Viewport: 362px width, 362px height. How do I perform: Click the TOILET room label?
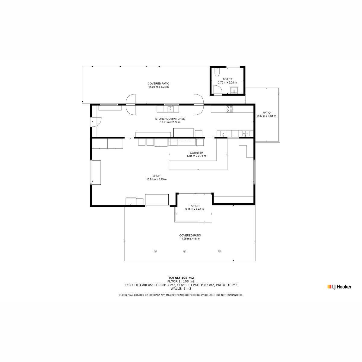[227, 79]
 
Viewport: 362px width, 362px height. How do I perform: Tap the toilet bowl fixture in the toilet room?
[217, 72]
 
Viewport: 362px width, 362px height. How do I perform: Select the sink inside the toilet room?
[234, 90]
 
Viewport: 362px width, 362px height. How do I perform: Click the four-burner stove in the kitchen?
[229, 109]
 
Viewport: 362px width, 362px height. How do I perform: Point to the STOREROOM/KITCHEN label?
[170, 119]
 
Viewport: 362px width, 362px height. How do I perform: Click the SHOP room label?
[156, 176]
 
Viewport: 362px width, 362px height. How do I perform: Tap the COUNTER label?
[196, 153]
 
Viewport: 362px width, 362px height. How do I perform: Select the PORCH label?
[195, 206]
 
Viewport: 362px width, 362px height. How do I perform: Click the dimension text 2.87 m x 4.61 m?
[267, 116]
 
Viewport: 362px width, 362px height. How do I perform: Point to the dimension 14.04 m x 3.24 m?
[159, 87]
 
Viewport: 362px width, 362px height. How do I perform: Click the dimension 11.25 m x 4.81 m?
[190, 239]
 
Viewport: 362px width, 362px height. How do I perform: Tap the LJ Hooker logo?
[339, 287]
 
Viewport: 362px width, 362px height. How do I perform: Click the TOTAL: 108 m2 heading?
[181, 278]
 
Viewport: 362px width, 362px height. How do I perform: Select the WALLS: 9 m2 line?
[181, 289]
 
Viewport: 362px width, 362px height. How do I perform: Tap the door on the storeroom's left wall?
[96, 122]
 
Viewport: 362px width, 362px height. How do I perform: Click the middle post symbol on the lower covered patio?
[185, 251]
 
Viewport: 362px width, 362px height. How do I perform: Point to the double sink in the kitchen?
[246, 133]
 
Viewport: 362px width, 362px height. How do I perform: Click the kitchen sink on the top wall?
[170, 109]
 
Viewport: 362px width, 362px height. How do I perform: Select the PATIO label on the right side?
[267, 113]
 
